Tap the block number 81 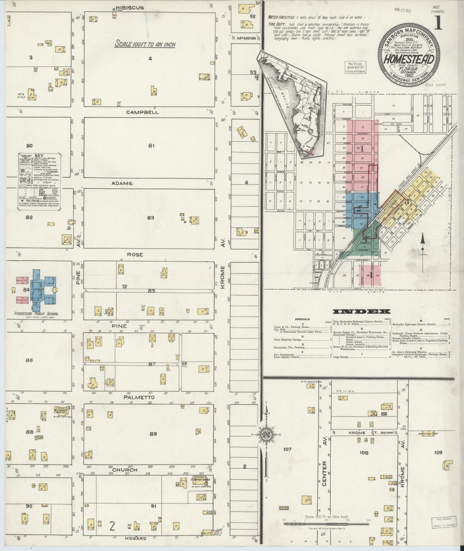[x=151, y=146]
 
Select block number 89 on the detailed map [x=153, y=433]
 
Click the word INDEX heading [x=361, y=311]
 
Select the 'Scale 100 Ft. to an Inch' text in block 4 [x=145, y=44]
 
